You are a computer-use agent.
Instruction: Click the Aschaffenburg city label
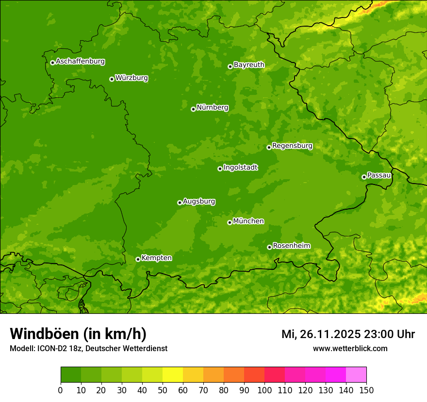[80, 62]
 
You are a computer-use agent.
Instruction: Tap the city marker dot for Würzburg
[112, 79]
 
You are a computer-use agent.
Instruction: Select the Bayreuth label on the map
[249, 64]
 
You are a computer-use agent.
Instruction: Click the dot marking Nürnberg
[193, 109]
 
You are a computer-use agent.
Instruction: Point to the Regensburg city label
[292, 145]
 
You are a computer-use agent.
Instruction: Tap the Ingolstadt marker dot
[220, 169]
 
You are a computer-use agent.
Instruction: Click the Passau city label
[379, 175]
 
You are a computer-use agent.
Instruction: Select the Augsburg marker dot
[180, 202]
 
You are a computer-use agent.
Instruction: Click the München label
[248, 221]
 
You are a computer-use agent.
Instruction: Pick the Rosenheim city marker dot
[269, 247]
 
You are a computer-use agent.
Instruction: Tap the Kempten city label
[156, 258]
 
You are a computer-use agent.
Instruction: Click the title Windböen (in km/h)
[78, 334]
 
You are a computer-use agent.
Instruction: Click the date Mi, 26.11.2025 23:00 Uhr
[348, 334]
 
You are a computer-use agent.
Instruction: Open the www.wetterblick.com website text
[350, 349]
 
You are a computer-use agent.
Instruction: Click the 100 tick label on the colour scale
[264, 390]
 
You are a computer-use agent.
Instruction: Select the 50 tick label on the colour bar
[163, 390]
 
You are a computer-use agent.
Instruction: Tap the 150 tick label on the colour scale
[366, 390]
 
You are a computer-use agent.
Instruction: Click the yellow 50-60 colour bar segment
[173, 375]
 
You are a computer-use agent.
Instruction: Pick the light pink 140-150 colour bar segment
[356, 375]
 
